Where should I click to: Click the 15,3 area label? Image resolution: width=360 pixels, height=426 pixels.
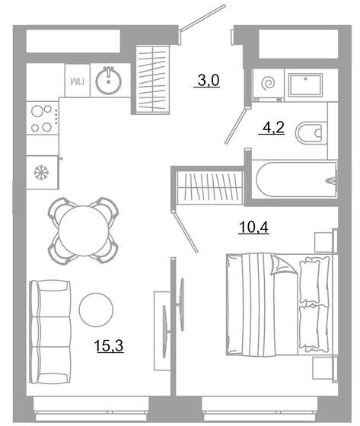coord(109,346)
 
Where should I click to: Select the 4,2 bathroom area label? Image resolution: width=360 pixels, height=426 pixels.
coord(272,128)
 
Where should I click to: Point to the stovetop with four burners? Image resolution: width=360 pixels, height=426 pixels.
coord(43,119)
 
